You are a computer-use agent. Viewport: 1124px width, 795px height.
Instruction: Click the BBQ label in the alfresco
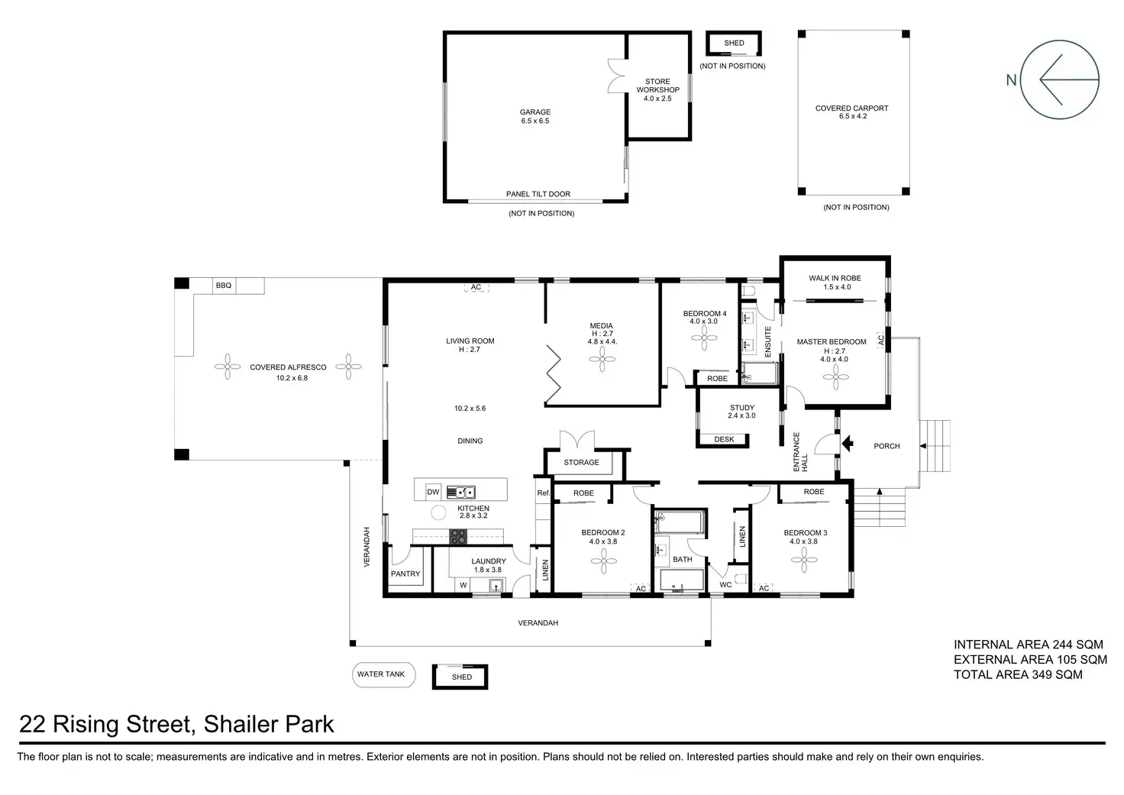[224, 286]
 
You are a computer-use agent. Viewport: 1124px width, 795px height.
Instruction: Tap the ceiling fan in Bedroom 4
[704, 338]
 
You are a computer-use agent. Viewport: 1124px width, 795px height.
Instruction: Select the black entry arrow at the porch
[848, 444]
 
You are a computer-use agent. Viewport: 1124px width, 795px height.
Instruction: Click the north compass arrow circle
[1060, 79]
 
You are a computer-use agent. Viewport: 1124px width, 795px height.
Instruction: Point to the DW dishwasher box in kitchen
[433, 492]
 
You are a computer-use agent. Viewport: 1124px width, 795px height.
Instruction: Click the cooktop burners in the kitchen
[457, 537]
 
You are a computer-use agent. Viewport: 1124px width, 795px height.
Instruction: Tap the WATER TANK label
[381, 674]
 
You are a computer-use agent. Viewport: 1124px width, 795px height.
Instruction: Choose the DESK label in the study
[724, 439]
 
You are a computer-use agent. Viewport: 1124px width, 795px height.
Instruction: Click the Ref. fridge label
[544, 493]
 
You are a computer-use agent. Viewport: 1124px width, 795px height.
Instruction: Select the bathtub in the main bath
[680, 522]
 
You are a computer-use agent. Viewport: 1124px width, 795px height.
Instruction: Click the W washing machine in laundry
[463, 585]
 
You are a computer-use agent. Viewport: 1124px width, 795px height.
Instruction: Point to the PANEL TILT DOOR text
[538, 194]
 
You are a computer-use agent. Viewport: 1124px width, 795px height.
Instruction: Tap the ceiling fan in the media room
[602, 360]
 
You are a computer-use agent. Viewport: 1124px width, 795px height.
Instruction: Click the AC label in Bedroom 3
[764, 588]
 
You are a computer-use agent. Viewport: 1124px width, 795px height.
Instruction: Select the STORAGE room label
[581, 462]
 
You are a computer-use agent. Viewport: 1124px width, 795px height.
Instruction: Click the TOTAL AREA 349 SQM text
[1018, 674]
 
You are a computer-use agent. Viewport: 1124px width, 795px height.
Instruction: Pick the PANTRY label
[405, 574]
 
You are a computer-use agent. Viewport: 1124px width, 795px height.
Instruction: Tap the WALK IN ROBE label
[835, 278]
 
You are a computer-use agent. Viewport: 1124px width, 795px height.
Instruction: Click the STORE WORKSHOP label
[658, 86]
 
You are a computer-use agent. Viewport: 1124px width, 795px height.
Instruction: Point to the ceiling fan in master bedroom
[835, 377]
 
